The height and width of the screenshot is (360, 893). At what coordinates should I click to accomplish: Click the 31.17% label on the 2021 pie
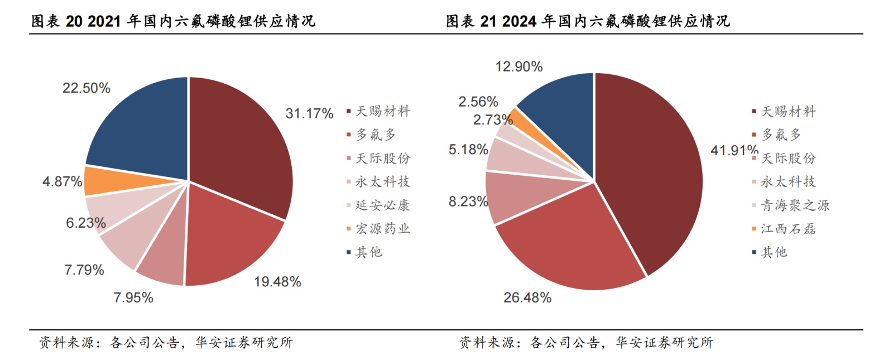[x=309, y=113]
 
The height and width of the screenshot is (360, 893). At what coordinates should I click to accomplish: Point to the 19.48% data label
[x=277, y=282]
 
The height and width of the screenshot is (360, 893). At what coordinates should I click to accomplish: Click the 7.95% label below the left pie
[x=133, y=297]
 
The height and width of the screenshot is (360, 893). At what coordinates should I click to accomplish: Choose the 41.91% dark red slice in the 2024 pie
[x=647, y=167]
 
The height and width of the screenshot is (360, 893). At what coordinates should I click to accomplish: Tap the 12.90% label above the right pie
[x=518, y=66]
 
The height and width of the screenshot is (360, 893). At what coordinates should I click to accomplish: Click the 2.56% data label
[x=478, y=102]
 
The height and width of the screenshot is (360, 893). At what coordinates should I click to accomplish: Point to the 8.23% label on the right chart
[x=468, y=201]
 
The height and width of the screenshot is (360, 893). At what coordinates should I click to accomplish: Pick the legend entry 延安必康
[x=382, y=205]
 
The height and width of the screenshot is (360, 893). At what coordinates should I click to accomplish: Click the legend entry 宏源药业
[x=382, y=229]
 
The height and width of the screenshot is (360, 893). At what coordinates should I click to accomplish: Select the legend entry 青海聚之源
[x=795, y=205]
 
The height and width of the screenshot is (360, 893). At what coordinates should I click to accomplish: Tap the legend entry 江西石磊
[x=788, y=229]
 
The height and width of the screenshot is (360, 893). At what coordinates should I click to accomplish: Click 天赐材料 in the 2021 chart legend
[x=382, y=112]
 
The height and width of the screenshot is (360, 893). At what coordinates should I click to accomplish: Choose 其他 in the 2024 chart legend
[x=774, y=252]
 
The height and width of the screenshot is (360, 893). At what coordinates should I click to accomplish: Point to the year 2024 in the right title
[x=519, y=21]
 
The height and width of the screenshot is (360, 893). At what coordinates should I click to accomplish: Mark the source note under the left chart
[x=165, y=342]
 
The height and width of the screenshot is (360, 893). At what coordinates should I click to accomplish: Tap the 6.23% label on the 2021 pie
[x=86, y=223]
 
